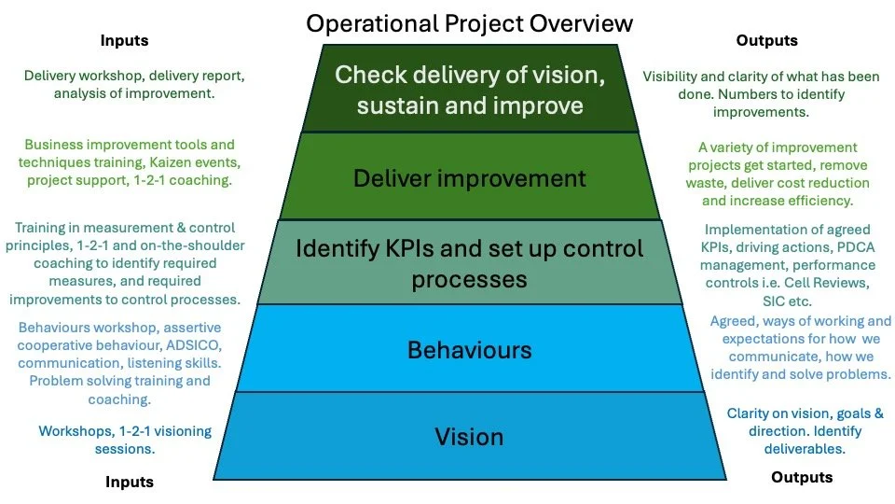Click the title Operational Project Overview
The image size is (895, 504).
click(x=469, y=22)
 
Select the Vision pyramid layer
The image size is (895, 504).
click(x=469, y=436)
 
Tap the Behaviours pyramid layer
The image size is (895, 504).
click(x=469, y=350)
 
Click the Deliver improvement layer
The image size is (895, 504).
click(x=469, y=177)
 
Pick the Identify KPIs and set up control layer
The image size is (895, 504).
click(x=469, y=263)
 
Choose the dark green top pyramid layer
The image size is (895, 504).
click(x=469, y=90)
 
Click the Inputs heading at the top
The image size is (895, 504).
click(x=124, y=41)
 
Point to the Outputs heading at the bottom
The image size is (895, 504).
click(x=802, y=477)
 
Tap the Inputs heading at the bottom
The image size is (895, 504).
click(x=129, y=482)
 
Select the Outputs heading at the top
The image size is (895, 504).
click(x=767, y=41)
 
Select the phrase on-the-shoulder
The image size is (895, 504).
click(x=195, y=245)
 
